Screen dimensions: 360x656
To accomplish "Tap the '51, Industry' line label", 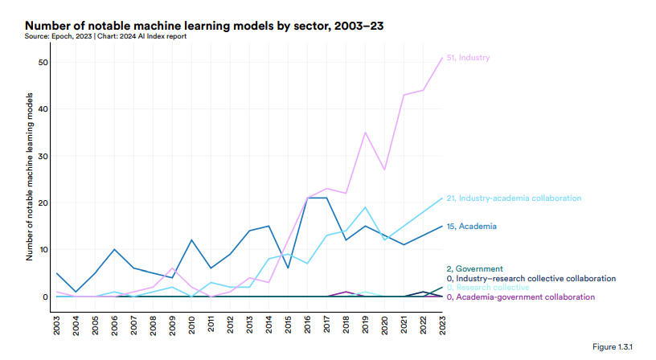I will click(x=468, y=58).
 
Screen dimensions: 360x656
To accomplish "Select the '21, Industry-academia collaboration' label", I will click(x=513, y=198).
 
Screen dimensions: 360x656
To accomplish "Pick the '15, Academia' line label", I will click(x=471, y=227).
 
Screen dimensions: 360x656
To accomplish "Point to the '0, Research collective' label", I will click(x=487, y=287).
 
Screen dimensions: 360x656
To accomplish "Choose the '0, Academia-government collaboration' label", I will click(x=520, y=297).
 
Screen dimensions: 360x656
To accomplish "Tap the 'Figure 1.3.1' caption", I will click(x=613, y=346).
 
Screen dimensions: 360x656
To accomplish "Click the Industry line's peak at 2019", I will click(x=365, y=133).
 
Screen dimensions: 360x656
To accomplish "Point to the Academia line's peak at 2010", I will click(x=192, y=240).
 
